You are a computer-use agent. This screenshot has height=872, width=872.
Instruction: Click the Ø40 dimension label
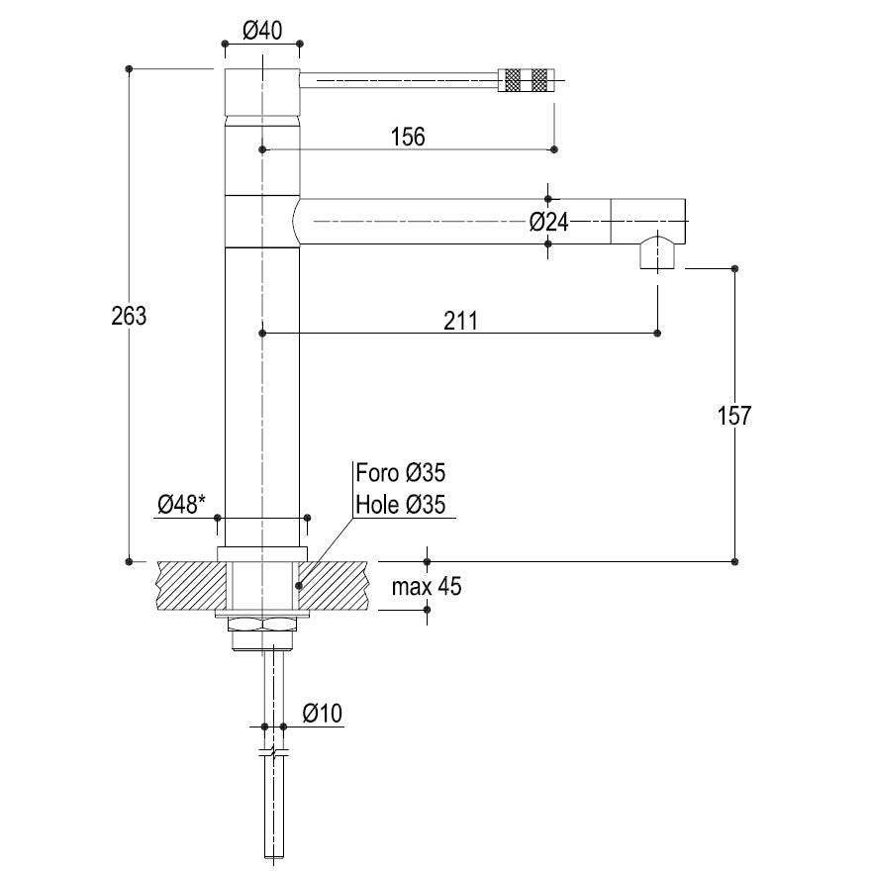tap(262, 30)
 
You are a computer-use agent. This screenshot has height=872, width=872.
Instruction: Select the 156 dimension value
tap(408, 137)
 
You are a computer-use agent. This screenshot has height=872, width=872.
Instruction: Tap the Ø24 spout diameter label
tap(549, 223)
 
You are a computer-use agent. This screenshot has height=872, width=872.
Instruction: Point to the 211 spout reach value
tap(460, 321)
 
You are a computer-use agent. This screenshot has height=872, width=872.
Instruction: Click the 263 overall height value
tap(129, 316)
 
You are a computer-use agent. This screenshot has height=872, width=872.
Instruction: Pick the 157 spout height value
tap(734, 416)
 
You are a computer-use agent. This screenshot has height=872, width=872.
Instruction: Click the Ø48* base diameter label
tap(181, 505)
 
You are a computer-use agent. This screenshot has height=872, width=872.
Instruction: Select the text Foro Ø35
tap(401, 473)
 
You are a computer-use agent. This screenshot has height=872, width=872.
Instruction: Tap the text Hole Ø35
tap(401, 505)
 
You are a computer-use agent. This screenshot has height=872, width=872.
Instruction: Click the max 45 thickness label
tap(427, 587)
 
